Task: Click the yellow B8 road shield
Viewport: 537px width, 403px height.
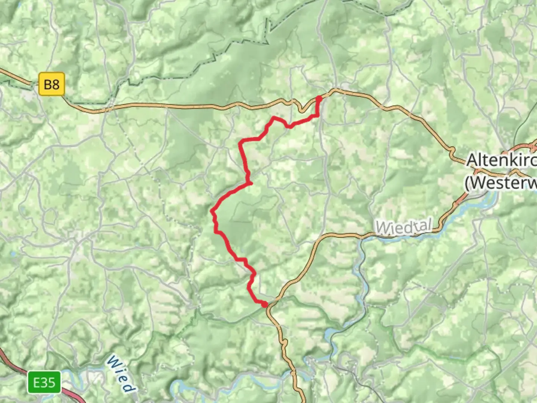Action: click(51, 84)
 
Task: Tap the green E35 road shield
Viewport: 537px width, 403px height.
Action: click(44, 382)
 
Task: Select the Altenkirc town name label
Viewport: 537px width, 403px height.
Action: click(502, 160)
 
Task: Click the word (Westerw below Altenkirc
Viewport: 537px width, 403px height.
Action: click(500, 183)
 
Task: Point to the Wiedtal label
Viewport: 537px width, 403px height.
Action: click(404, 227)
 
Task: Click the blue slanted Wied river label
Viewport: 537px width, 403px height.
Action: click(120, 374)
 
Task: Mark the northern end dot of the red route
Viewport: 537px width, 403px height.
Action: click(319, 98)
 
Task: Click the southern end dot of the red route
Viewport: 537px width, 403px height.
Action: click(265, 305)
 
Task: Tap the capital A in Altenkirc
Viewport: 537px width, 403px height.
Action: click(472, 160)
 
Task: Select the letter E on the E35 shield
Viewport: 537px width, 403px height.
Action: click(37, 382)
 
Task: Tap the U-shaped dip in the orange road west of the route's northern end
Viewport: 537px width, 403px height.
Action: click(301, 109)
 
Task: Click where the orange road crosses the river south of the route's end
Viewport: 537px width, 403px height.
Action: click(293, 372)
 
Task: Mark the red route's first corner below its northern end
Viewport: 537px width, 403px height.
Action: click(317, 116)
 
